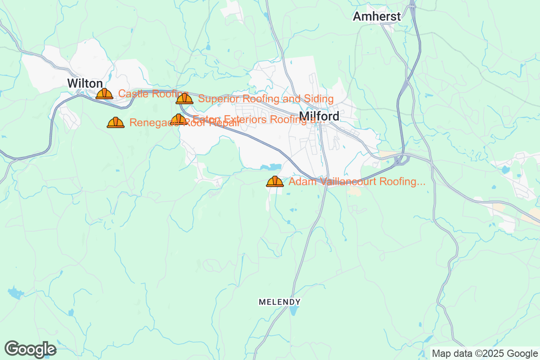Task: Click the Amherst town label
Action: click(377, 17)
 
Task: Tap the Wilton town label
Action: click(85, 83)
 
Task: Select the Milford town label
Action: click(319, 117)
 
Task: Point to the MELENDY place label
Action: click(279, 301)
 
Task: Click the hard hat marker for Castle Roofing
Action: click(104, 94)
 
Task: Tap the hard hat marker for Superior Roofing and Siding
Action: click(184, 99)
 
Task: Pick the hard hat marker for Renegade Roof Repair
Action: click(116, 122)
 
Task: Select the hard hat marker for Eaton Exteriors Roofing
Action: click(179, 119)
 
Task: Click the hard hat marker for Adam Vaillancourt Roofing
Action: click(275, 181)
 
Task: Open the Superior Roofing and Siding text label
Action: click(266, 99)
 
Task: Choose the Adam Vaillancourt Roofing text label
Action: click(357, 182)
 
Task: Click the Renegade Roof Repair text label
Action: click(184, 122)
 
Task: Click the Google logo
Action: click(31, 349)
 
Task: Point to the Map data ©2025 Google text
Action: click(485, 353)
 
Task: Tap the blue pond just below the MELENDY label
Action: click(294, 311)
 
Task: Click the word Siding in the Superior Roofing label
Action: click(318, 99)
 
